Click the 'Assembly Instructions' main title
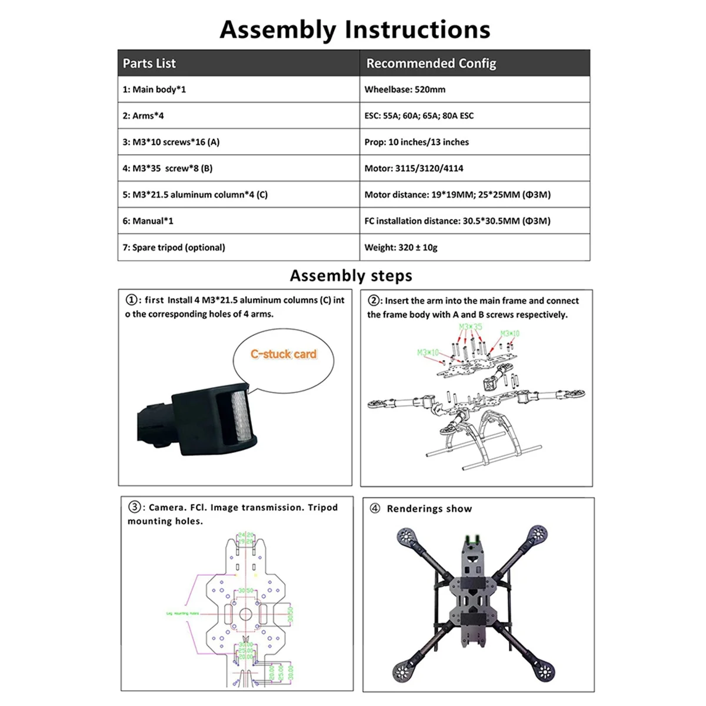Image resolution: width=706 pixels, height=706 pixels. click(355, 29)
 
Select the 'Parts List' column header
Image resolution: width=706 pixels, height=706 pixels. click(149, 64)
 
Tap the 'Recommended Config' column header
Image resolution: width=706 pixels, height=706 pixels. click(431, 64)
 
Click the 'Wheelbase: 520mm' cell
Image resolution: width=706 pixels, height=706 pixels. click(405, 89)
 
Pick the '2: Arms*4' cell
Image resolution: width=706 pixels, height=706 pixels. click(144, 116)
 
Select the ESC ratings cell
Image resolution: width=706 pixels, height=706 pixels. click(419, 116)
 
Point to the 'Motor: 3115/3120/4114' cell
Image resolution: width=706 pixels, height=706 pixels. click(414, 168)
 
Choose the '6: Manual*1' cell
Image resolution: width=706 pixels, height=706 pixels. click(148, 221)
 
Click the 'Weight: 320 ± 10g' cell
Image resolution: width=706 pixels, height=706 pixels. click(401, 248)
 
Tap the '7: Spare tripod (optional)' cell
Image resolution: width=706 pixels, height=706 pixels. click(174, 248)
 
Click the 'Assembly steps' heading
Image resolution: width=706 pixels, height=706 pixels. click(351, 276)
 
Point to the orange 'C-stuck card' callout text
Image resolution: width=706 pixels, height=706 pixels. click(284, 354)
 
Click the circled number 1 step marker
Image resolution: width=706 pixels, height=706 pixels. click(132, 300)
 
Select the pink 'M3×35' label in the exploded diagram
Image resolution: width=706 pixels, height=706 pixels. click(471, 327)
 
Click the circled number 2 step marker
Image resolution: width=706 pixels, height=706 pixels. click(374, 301)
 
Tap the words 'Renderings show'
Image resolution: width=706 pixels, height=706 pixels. click(429, 509)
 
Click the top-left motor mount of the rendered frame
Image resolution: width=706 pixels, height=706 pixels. click(405, 537)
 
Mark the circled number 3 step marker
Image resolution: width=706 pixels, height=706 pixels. click(135, 507)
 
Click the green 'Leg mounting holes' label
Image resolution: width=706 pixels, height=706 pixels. click(182, 613)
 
